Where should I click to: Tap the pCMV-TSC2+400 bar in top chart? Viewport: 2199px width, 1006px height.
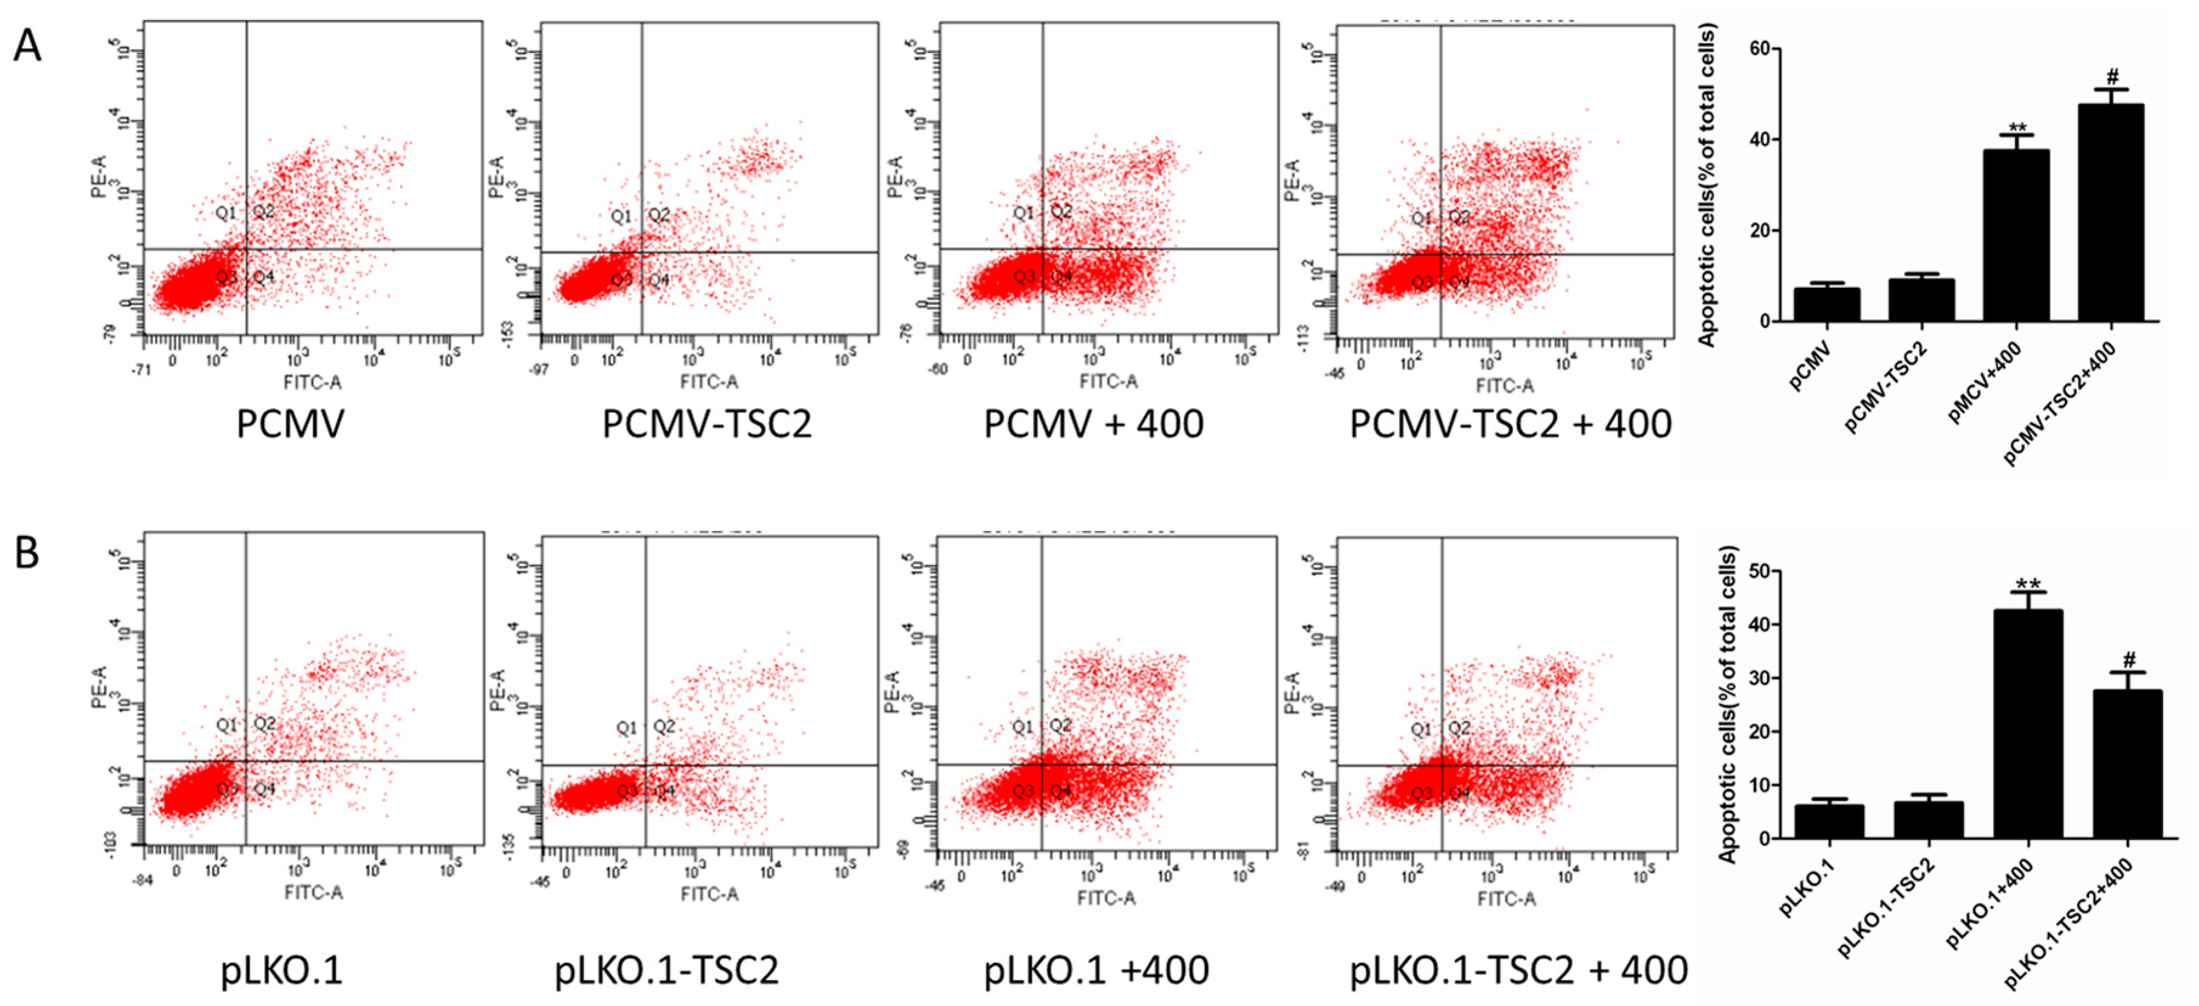coord(2111,213)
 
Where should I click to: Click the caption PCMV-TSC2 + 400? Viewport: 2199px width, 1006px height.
coord(1509,425)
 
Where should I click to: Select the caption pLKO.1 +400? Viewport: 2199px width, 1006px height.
coord(1096,970)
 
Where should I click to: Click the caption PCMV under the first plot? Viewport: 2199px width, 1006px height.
coord(290,425)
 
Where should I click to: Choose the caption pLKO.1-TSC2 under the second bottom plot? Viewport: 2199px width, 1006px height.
coord(667,970)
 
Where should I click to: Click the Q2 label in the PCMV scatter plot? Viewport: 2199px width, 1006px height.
coord(264,210)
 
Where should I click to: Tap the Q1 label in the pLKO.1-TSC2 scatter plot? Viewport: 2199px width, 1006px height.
coord(627,728)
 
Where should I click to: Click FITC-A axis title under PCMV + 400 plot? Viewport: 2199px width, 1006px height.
coord(1108,382)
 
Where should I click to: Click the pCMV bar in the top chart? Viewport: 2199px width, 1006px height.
coord(1826,304)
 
